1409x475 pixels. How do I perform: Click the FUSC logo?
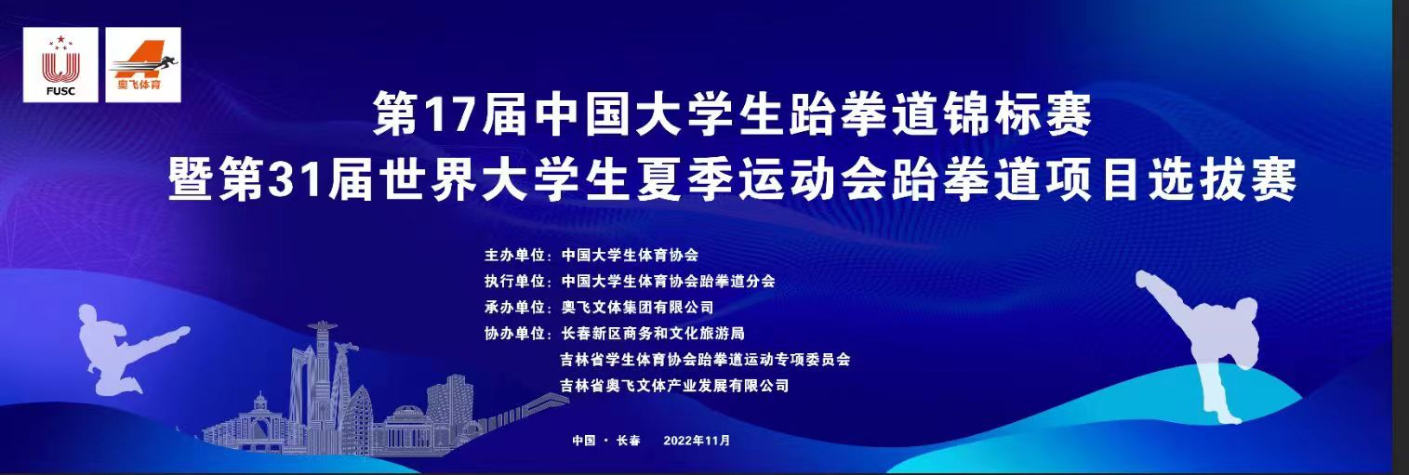pos(60,65)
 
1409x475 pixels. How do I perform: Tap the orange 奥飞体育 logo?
pos(143,65)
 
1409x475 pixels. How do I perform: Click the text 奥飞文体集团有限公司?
pos(637,308)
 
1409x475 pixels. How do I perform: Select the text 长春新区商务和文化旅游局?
pos(652,334)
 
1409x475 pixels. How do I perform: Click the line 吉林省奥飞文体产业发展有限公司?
pos(674,386)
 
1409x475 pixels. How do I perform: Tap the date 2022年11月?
pos(697,441)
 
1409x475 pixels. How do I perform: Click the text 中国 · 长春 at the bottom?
pos(605,441)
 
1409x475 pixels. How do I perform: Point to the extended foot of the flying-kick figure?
pos(181,331)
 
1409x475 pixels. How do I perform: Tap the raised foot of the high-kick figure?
pos(1143,279)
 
